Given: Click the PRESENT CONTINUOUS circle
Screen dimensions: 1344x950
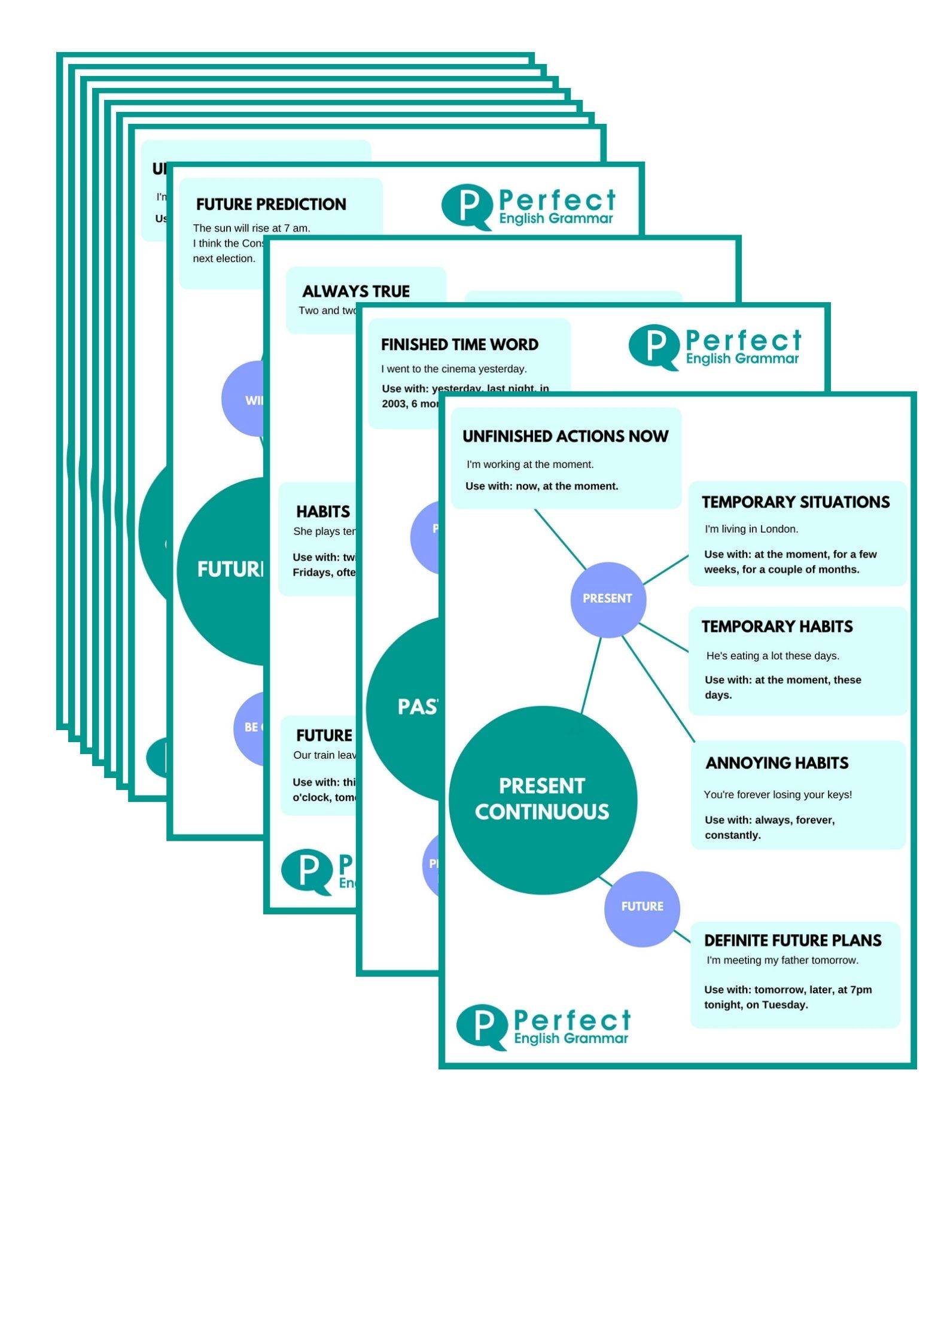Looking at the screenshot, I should (542, 799).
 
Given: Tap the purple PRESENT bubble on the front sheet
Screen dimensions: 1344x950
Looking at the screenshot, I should (607, 599).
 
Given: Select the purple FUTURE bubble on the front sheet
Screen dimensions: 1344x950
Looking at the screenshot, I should (642, 907).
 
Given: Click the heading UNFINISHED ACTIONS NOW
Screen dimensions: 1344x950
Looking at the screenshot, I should (565, 436).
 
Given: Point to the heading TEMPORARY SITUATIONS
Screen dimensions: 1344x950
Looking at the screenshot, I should (796, 502).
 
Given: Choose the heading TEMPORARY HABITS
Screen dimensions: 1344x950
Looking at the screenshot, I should (777, 627).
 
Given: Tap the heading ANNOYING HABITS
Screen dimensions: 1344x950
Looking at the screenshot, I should (777, 763).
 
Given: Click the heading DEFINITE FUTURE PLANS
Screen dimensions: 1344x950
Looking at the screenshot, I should (793, 941).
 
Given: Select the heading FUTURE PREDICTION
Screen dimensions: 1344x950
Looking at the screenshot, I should (271, 205).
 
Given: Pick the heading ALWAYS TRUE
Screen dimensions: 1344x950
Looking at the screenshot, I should (356, 291).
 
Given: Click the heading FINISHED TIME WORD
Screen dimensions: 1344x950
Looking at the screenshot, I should (459, 345).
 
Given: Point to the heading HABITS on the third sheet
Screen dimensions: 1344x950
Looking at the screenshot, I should (323, 512).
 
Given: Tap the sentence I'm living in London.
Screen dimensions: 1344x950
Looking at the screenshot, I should (751, 529).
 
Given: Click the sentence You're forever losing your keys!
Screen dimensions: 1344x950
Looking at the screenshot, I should (778, 795).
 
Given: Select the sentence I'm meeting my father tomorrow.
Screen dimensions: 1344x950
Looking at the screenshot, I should (782, 960).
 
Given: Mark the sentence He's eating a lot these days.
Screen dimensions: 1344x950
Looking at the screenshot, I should (772, 656).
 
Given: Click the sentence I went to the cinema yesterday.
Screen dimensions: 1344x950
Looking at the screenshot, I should (454, 369).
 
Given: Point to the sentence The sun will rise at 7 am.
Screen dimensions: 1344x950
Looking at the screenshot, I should (251, 228).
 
